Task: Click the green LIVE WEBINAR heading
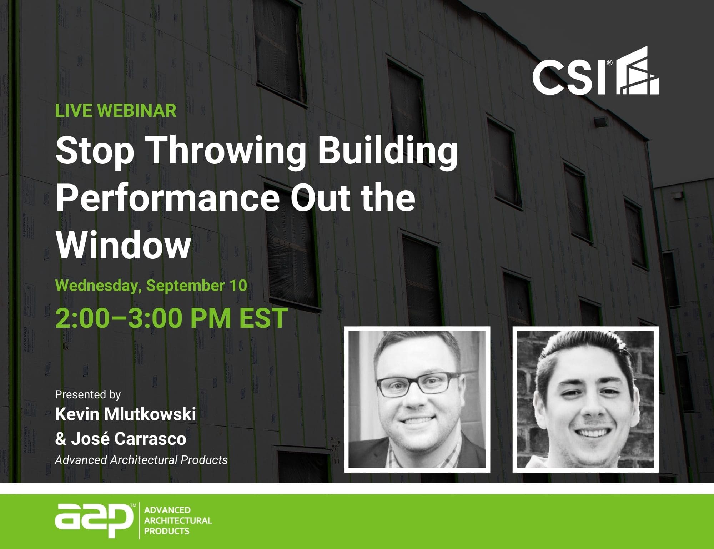pyautogui.click(x=116, y=111)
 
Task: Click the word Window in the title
pyautogui.click(x=123, y=245)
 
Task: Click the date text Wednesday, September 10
pyautogui.click(x=151, y=286)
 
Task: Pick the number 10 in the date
pyautogui.click(x=238, y=285)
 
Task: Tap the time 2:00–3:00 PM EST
pyautogui.click(x=171, y=318)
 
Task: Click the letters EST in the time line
pyautogui.click(x=263, y=318)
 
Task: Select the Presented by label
pyautogui.click(x=88, y=394)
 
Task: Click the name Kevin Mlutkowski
pyautogui.click(x=126, y=414)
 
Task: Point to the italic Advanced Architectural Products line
pyautogui.click(x=141, y=460)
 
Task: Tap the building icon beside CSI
pyautogui.click(x=638, y=70)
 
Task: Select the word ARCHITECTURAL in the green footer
pyautogui.click(x=178, y=520)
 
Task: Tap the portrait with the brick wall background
pyautogui.click(x=585, y=399)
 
